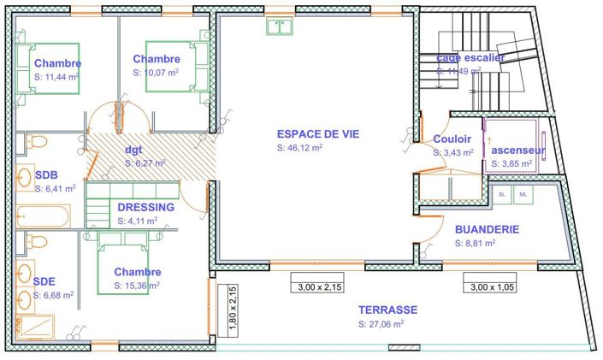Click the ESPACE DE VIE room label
coord(317,133)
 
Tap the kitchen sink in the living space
coord(280,27)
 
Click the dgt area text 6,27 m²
coord(146,162)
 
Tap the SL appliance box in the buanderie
coord(502,194)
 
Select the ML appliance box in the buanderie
coord(523,194)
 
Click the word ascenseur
coord(518,150)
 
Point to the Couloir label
coord(452,139)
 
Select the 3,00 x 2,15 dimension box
coord(316,288)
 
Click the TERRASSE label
coord(387,310)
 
